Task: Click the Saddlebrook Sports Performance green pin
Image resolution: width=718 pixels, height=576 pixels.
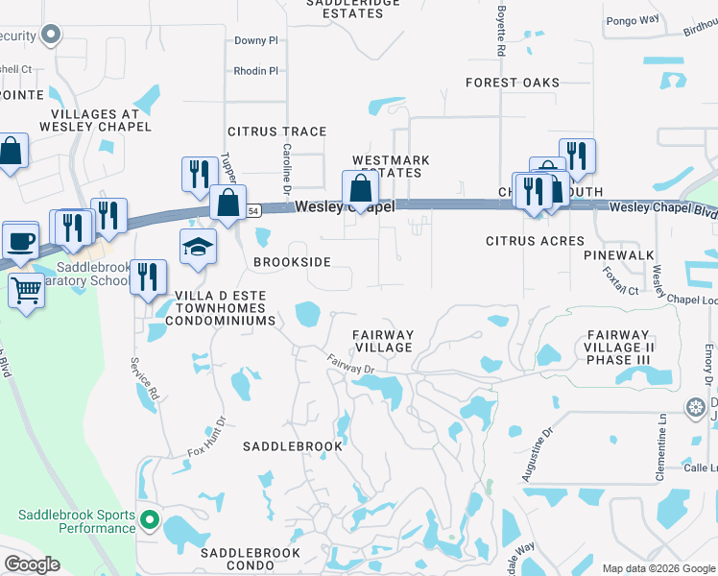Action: [x=149, y=521]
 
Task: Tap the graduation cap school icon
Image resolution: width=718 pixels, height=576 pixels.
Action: [x=198, y=248]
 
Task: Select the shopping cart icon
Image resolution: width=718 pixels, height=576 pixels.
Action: [x=26, y=288]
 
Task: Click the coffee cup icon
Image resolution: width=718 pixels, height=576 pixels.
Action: [x=20, y=239]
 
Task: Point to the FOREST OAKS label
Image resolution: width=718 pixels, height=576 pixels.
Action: [x=513, y=83]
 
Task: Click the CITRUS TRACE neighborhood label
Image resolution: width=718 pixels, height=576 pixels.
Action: [x=276, y=132]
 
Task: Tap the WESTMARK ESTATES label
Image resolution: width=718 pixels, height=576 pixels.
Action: [x=390, y=166]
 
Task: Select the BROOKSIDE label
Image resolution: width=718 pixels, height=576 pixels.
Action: [x=292, y=262]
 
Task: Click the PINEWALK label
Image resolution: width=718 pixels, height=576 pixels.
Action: [x=619, y=255]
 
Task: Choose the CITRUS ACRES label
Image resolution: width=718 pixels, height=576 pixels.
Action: [x=535, y=241]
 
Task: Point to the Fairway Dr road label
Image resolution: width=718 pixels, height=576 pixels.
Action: [x=348, y=365]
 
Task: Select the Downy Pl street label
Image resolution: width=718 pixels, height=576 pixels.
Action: [x=255, y=41]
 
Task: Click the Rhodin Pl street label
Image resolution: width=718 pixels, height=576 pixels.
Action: [x=255, y=70]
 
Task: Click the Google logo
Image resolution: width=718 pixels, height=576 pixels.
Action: [x=32, y=564]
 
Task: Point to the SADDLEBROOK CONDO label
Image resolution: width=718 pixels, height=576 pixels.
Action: [x=251, y=553]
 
